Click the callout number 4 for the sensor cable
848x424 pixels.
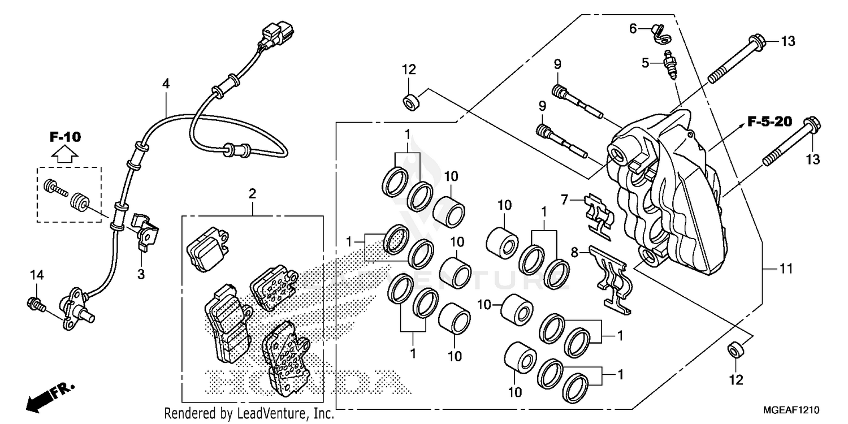click(x=166, y=84)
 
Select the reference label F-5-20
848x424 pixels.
click(x=769, y=121)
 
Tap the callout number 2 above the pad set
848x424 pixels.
click(x=252, y=193)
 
